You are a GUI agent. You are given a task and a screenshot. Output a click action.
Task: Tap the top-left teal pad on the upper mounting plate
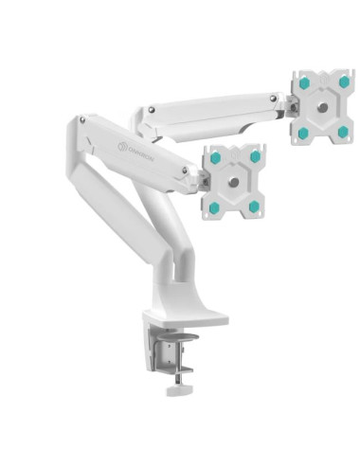(x=303, y=83)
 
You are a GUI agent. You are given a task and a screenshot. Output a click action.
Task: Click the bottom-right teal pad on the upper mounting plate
(x=342, y=130)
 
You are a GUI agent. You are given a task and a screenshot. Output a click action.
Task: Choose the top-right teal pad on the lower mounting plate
(x=255, y=156)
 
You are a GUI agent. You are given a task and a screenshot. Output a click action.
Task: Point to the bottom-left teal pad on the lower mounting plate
(x=214, y=207)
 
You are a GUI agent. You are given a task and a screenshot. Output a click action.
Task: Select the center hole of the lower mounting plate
(x=236, y=181)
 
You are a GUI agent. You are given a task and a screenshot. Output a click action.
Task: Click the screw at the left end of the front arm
(x=83, y=121)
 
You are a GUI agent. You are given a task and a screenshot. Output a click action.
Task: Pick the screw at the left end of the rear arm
(x=147, y=110)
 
